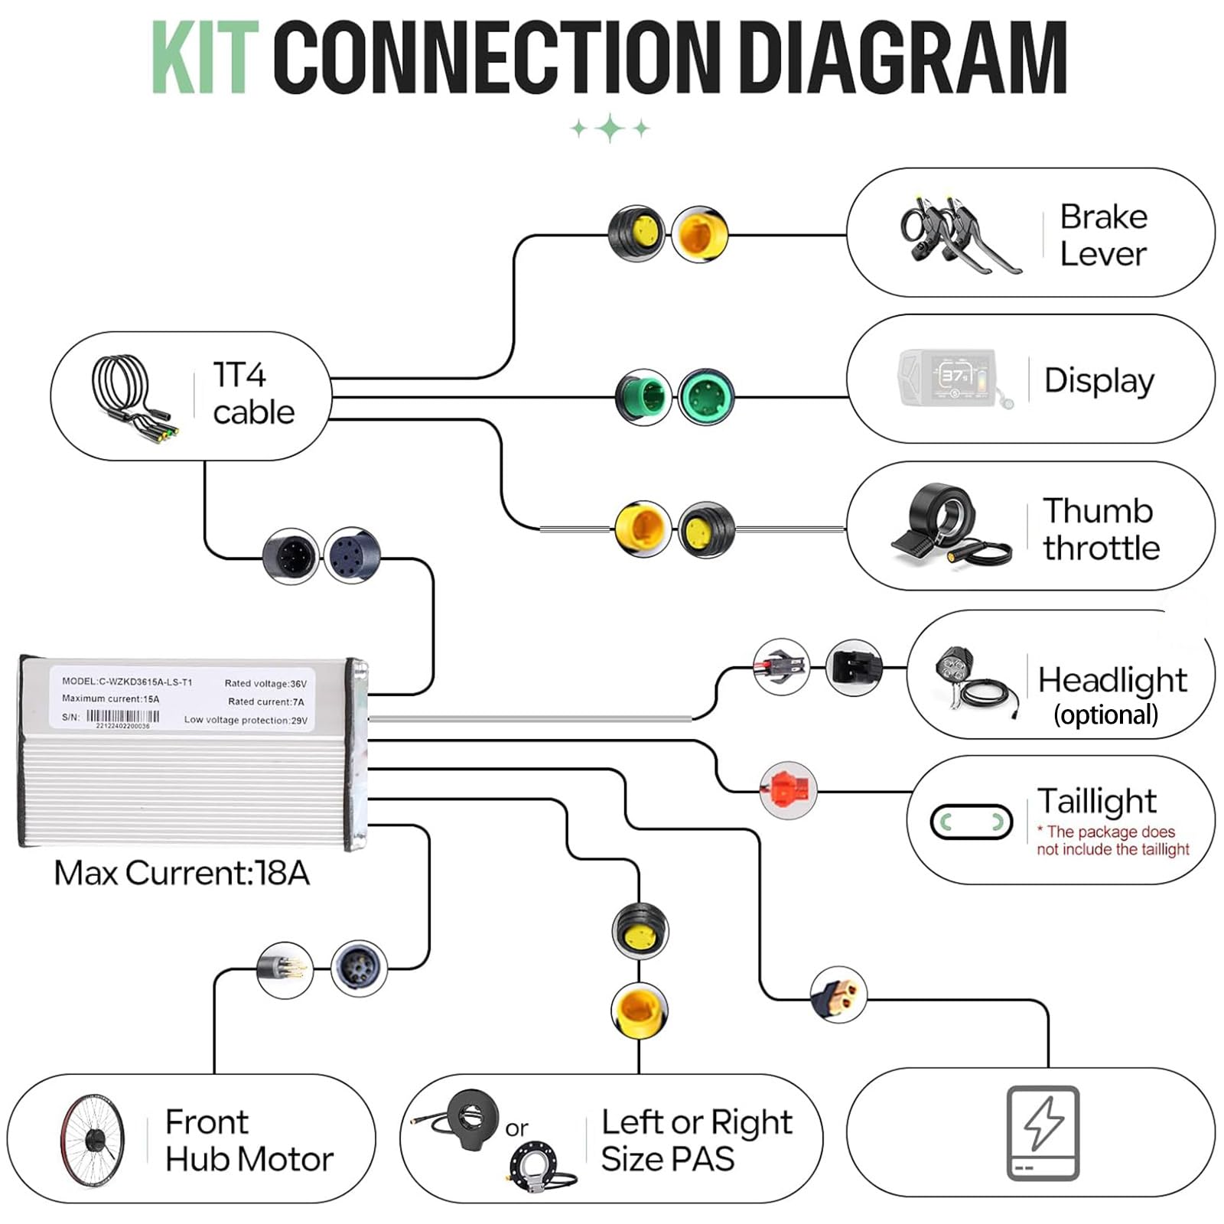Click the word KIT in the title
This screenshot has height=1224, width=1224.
coord(203,57)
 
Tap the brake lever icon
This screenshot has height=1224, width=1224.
coord(960,235)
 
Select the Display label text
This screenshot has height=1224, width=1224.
coord(1099,381)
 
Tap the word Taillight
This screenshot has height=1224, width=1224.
coord(1096,802)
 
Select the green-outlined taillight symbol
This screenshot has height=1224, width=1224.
coord(971,822)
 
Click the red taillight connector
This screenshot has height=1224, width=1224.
coord(789,790)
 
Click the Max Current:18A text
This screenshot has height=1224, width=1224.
coord(182,873)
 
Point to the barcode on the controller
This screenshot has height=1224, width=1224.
coord(122,717)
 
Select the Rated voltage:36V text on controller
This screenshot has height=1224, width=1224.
coord(265,683)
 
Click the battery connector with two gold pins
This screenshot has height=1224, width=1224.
coord(838,994)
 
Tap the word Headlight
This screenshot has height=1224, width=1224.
coord(1112,680)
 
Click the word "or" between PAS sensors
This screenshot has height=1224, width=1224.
coord(516,1128)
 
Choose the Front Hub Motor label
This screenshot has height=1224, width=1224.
coord(249,1141)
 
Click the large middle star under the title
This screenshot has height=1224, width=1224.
coord(610,129)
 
